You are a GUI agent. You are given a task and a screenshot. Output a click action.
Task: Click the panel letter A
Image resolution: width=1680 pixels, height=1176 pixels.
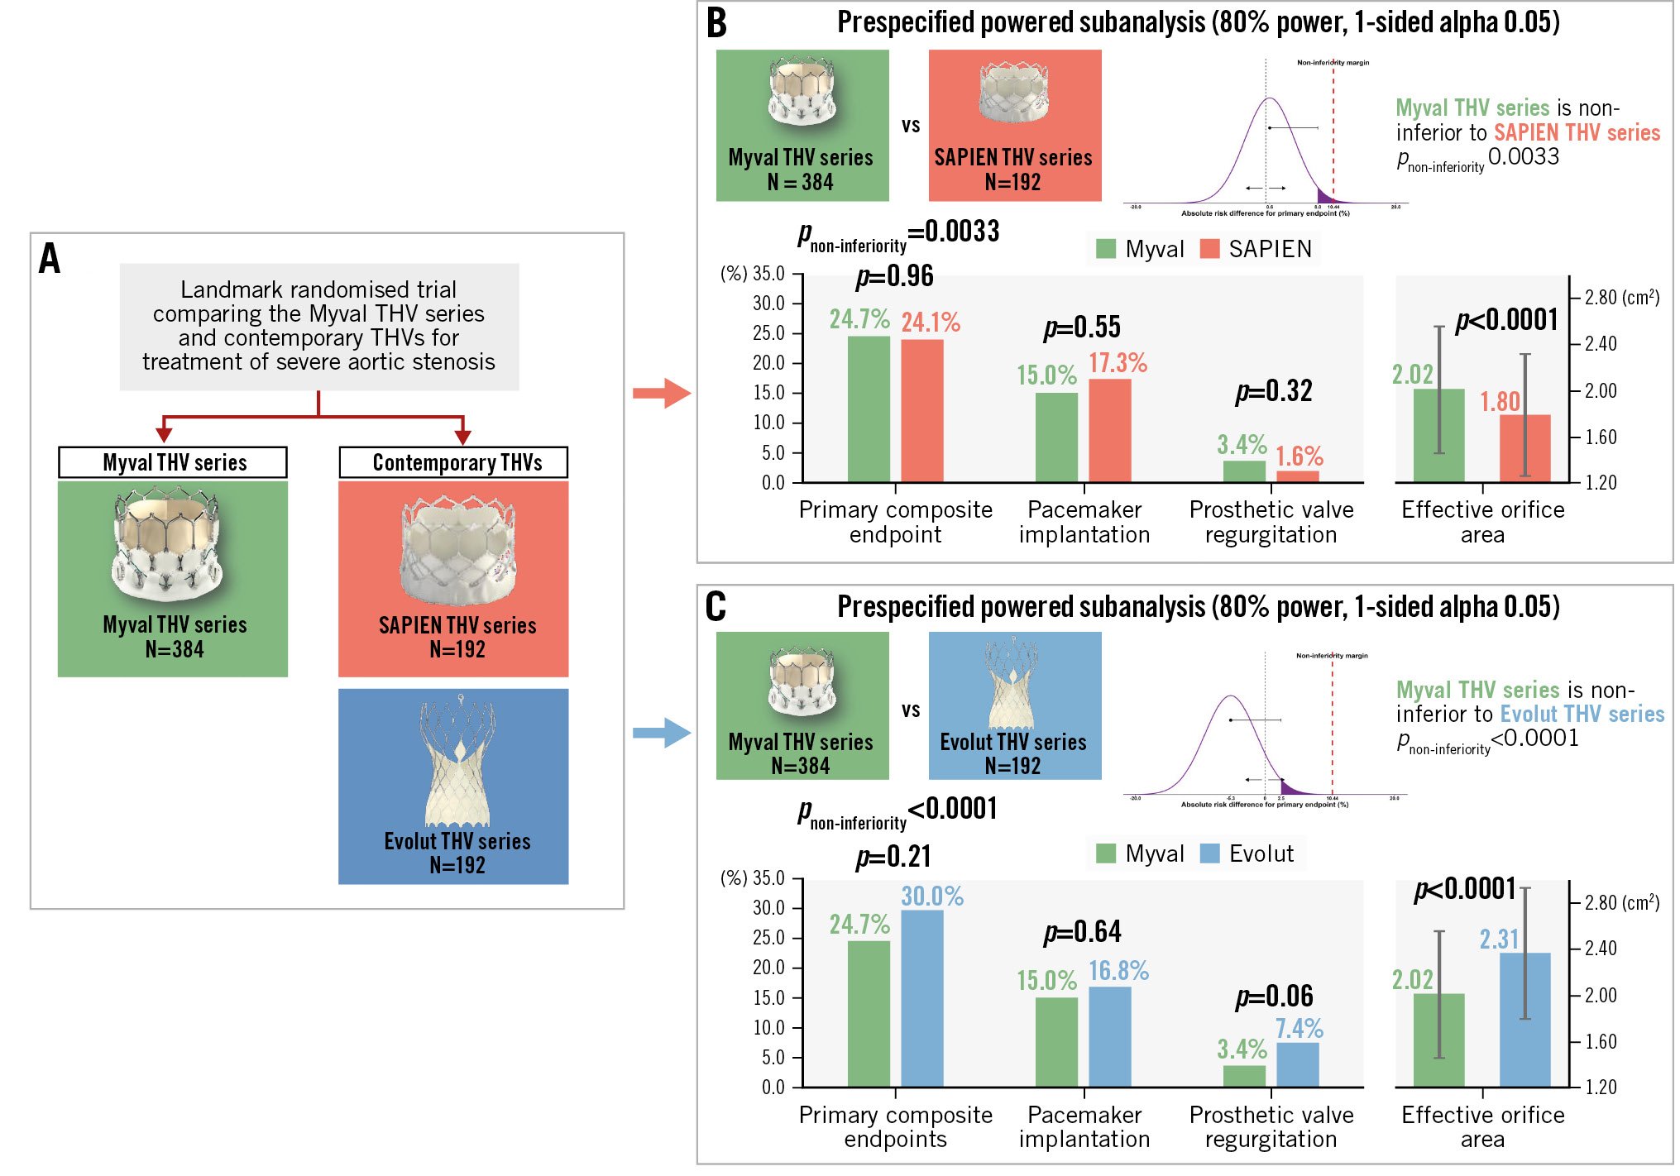50,259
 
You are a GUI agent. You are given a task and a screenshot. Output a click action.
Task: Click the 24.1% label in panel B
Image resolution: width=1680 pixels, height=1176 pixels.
931,323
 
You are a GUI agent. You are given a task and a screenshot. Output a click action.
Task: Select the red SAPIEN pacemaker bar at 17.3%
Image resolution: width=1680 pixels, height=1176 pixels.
1109,430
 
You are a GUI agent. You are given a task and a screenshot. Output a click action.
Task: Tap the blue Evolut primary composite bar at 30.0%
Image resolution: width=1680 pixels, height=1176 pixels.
921,997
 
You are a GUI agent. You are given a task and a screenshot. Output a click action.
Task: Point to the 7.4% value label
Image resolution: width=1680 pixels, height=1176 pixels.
1299,1029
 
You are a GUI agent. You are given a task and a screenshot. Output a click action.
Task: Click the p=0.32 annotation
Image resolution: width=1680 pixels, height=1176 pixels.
1274,391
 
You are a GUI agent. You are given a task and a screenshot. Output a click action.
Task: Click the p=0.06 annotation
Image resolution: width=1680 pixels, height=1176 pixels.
1274,997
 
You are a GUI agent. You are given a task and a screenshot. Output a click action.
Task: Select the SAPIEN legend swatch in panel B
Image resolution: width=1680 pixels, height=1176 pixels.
1209,249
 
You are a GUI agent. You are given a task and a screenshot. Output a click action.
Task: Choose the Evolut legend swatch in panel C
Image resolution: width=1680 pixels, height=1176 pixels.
1209,853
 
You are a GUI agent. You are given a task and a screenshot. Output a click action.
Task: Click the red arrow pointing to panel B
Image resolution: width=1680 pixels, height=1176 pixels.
661,393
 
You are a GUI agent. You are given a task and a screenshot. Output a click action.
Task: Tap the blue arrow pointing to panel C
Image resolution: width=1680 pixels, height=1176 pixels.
661,733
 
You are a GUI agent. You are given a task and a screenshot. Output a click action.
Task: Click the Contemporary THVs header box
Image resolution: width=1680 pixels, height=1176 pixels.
453,462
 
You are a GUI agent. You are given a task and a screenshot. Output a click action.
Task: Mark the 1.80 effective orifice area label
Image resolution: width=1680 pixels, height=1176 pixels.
1500,402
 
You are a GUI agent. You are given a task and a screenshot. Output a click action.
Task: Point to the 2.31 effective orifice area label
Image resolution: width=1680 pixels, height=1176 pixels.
1499,939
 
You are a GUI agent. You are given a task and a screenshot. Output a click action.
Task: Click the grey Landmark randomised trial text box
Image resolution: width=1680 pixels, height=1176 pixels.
319,327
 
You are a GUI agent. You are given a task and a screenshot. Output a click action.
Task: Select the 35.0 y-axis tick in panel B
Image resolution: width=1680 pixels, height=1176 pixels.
768,274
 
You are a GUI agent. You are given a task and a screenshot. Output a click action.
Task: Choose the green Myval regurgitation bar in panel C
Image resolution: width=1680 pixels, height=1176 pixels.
1244,1076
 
